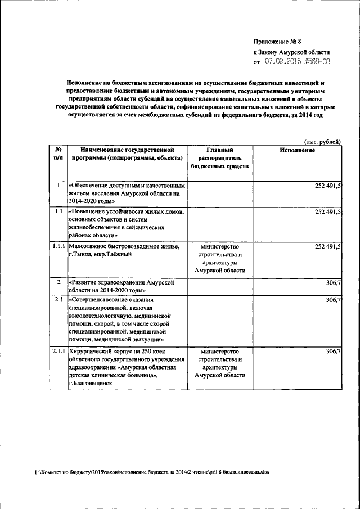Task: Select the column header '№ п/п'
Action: (58, 155)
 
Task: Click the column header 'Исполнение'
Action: (297, 151)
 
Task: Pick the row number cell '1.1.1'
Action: (58, 246)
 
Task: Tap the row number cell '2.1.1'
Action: (58, 351)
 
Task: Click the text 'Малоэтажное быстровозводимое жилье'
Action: (123, 246)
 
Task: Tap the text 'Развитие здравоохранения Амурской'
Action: (124, 281)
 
